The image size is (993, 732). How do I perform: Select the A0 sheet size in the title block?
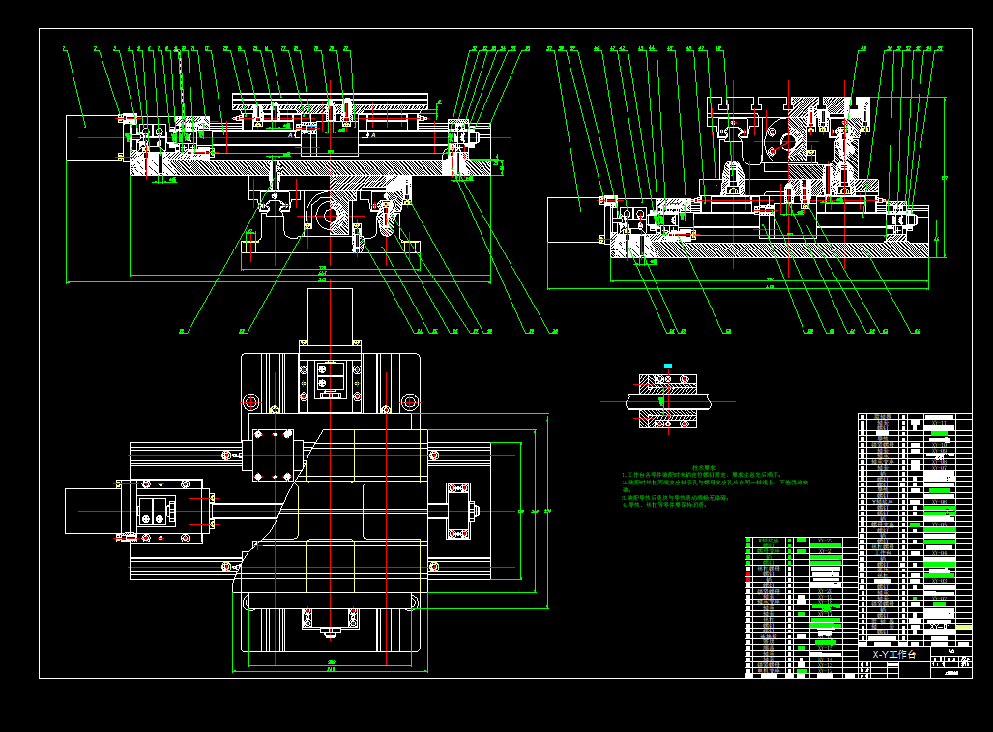pos(950,651)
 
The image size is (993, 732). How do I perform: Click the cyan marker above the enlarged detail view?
pos(666,365)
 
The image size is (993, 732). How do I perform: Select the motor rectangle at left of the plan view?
pos(92,511)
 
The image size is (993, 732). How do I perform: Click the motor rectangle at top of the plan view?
pos(329,313)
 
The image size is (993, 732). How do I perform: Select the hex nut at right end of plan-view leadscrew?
pos(475,509)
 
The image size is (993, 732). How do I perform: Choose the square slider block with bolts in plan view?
pos(273,450)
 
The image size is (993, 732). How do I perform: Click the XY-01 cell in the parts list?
pos(937,627)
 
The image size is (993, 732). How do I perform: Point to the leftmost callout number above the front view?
pos(64,48)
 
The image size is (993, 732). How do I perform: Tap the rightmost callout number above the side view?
pos(939,48)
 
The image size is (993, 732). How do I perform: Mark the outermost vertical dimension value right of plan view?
pos(548,511)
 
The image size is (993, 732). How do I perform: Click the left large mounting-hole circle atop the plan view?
pos(250,400)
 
